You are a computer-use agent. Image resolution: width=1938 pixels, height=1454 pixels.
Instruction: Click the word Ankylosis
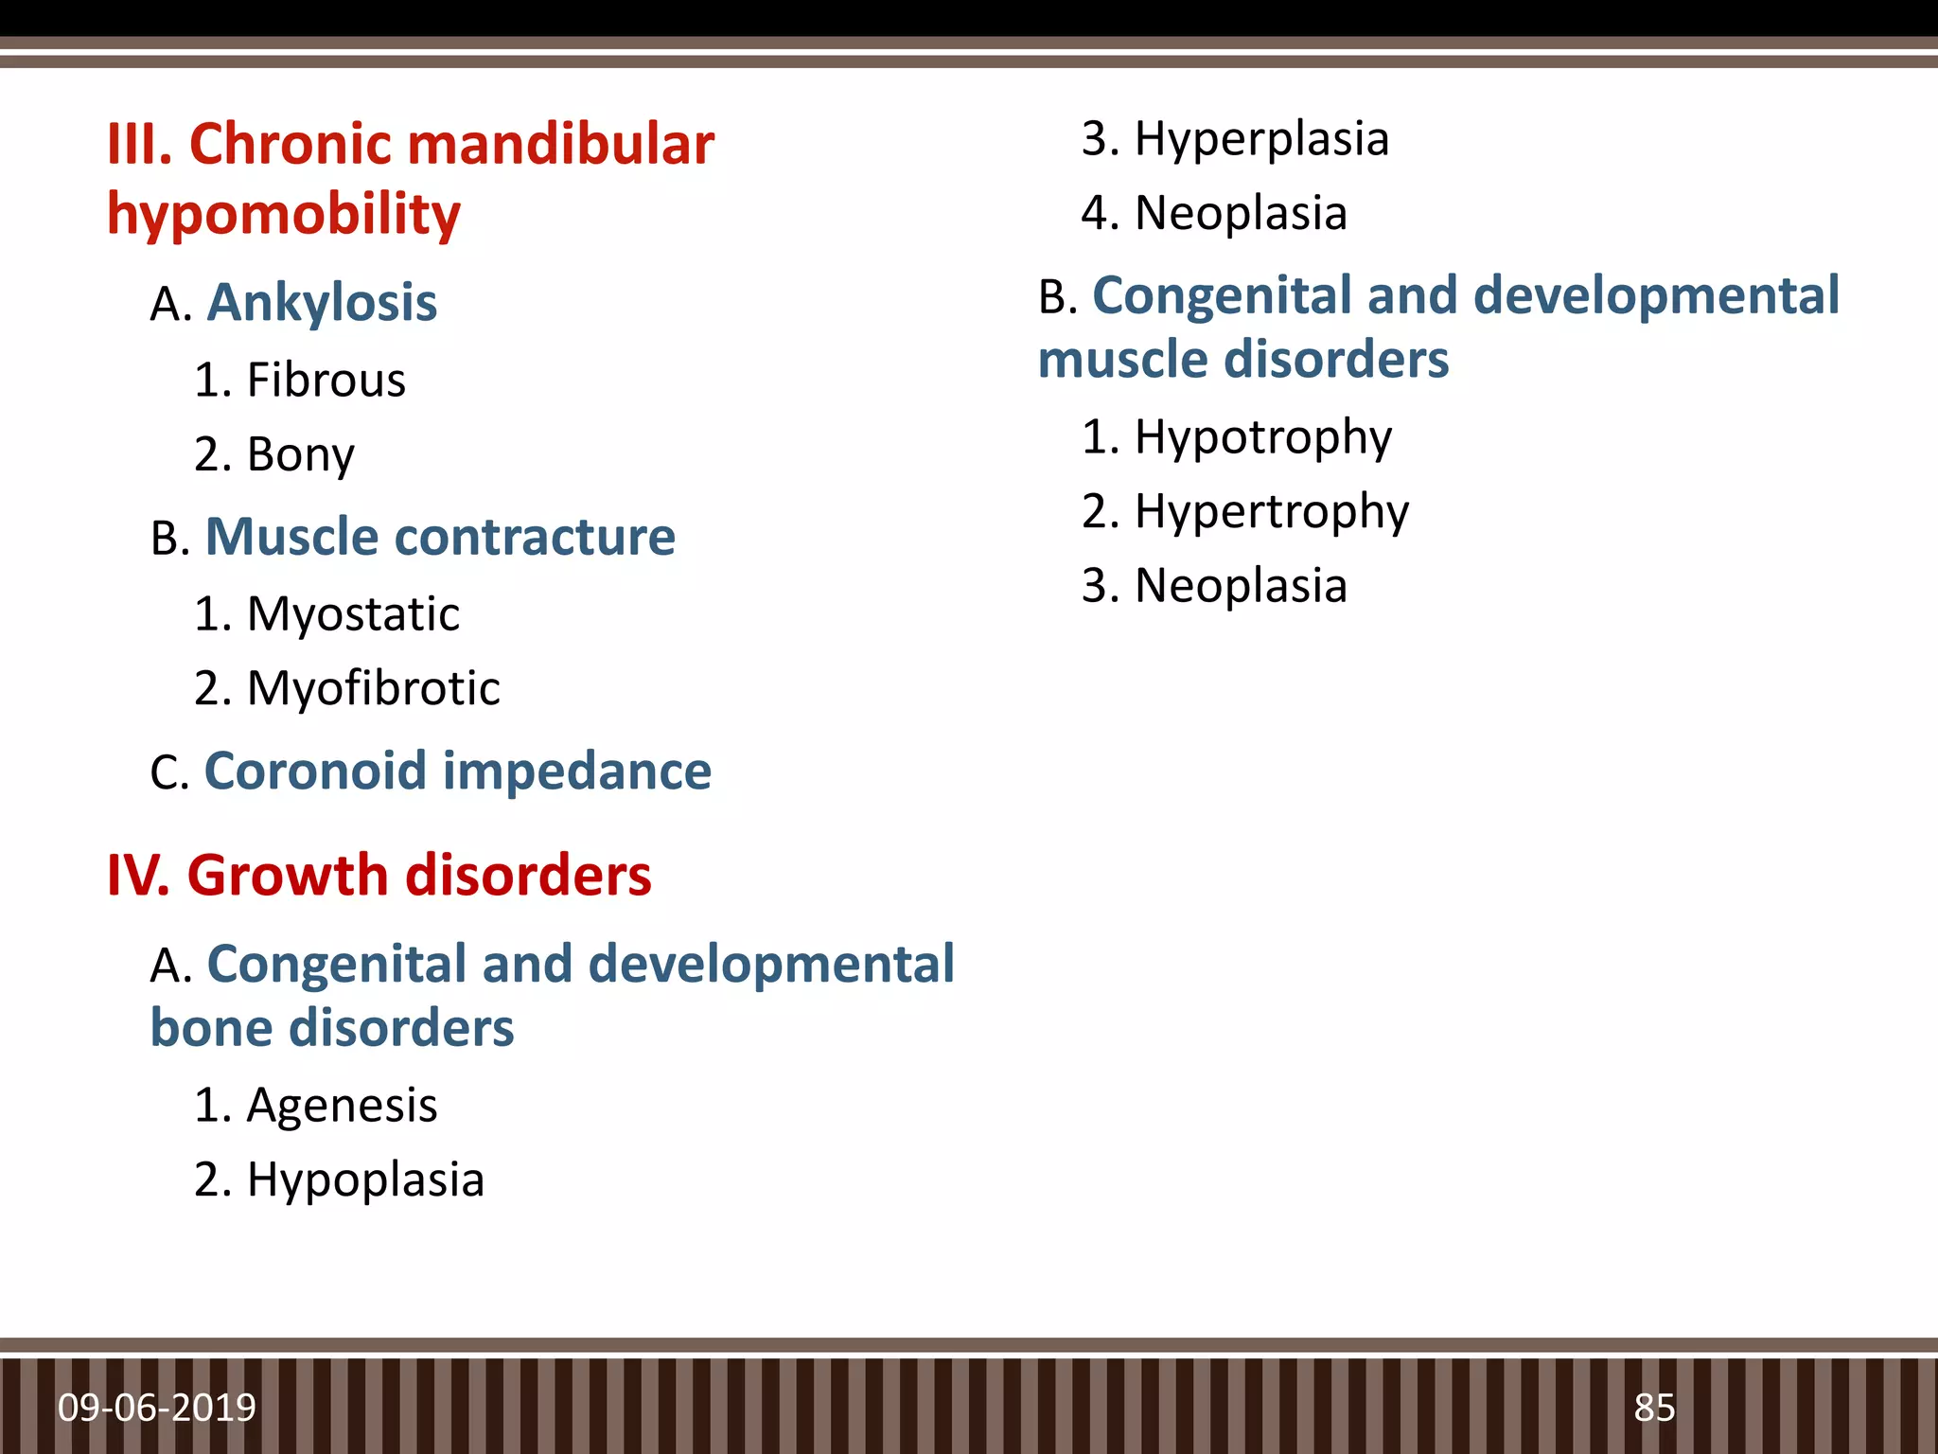click(x=322, y=304)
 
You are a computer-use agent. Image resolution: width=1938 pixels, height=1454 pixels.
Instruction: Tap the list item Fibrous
click(x=326, y=381)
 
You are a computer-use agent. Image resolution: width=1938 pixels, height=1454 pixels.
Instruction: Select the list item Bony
click(x=300, y=455)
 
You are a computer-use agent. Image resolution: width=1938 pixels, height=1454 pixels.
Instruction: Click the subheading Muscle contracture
click(x=440, y=538)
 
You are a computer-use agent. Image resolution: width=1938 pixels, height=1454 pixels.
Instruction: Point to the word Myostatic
click(x=353, y=614)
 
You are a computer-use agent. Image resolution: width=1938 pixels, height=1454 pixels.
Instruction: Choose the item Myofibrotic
click(x=373, y=688)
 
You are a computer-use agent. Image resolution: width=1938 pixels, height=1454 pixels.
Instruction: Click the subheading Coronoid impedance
click(x=457, y=771)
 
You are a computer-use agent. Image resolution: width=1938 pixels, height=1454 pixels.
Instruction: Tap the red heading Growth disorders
click(x=418, y=876)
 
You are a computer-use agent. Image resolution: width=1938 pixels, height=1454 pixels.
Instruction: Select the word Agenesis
click(x=342, y=1106)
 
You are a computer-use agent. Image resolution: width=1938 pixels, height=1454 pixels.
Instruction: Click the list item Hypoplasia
click(x=365, y=1180)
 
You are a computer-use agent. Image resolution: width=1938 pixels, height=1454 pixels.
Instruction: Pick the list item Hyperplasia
click(x=1261, y=139)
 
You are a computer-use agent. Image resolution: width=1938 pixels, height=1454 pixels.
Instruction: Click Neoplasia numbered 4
click(x=1241, y=213)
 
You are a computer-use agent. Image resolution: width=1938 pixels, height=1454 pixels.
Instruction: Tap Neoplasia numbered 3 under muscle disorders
click(x=1241, y=586)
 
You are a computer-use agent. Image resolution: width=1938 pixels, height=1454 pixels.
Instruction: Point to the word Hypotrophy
click(x=1262, y=437)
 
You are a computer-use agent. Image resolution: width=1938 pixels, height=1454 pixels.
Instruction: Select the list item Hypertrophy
click(x=1271, y=512)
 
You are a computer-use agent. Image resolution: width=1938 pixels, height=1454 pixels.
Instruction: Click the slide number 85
click(x=1654, y=1408)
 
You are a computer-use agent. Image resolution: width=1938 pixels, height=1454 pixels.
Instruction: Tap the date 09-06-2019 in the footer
click(x=157, y=1408)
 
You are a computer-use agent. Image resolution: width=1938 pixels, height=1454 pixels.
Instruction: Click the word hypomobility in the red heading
click(x=284, y=215)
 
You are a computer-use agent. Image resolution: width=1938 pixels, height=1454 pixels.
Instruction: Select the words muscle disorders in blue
click(x=1242, y=361)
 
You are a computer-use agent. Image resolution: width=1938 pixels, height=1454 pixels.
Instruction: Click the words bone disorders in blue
click(x=332, y=1029)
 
